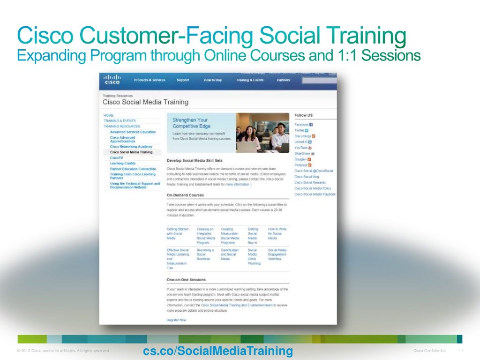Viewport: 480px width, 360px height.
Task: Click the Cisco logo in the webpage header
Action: [112, 80]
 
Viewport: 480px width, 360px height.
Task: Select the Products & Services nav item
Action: [150, 80]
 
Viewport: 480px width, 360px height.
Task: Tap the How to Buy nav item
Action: [213, 80]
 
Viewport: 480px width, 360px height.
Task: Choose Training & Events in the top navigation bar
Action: [249, 80]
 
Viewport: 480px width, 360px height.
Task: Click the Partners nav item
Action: [283, 80]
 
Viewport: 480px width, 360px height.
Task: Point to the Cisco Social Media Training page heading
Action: [145, 102]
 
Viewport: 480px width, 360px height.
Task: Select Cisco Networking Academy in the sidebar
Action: [131, 147]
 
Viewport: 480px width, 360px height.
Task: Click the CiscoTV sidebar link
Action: [116, 157]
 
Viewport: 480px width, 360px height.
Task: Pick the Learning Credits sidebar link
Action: [122, 163]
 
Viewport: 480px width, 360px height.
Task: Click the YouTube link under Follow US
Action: [301, 148]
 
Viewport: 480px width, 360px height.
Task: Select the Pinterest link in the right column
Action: [301, 165]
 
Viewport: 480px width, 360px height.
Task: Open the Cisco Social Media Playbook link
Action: [315, 194]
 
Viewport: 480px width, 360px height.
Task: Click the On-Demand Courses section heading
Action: [185, 195]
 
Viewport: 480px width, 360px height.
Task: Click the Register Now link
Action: [176, 320]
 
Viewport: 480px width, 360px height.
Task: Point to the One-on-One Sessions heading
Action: [186, 280]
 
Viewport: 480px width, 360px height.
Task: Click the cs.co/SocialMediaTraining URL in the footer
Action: [217, 351]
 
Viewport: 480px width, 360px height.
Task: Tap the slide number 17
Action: [460, 351]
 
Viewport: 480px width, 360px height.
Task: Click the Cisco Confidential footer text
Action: [429, 351]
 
